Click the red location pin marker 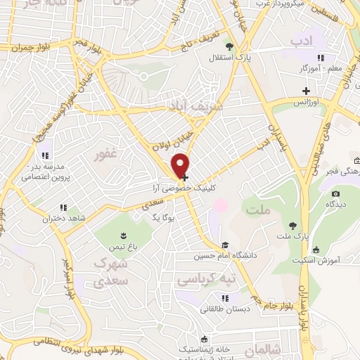click(x=182, y=165)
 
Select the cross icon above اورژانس click(x=306, y=90)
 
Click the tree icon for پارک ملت click(x=292, y=225)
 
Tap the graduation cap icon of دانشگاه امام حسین click(x=225, y=245)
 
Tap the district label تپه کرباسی click(x=196, y=280)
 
